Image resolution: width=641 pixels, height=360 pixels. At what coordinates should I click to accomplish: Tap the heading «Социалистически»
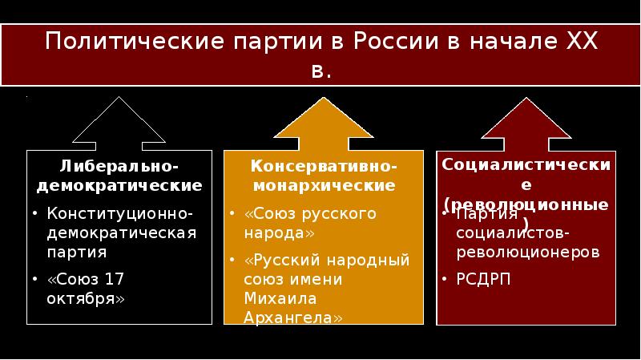[x=526, y=164]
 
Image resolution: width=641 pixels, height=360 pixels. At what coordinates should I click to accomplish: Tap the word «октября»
[x=86, y=297]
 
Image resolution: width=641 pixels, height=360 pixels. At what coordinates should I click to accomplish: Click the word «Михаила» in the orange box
[x=281, y=298]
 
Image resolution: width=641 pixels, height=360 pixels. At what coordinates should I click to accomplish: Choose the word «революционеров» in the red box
[x=526, y=251]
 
